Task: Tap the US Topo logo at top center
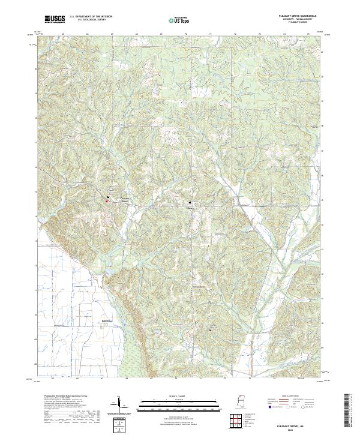182,20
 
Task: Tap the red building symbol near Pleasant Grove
107,201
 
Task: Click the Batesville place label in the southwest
106,322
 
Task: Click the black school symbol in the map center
190,203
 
